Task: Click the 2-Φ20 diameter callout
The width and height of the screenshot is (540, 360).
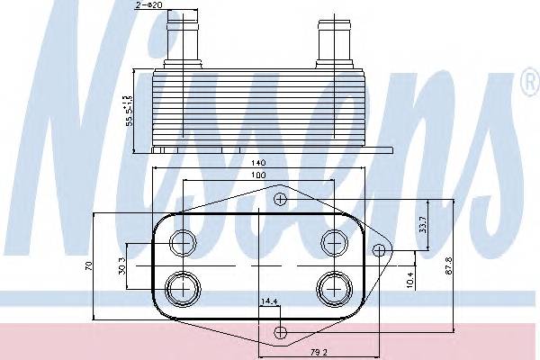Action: click(151, 6)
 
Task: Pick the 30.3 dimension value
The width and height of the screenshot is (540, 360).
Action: click(119, 266)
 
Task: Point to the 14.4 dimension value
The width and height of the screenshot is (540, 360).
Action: click(269, 301)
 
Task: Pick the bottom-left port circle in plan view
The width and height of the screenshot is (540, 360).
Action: click(184, 288)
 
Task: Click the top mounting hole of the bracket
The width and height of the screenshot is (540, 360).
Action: click(281, 199)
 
